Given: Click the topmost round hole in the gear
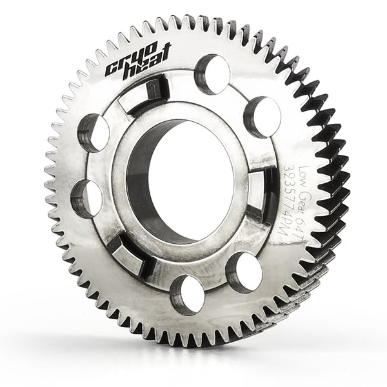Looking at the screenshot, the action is coord(212,75).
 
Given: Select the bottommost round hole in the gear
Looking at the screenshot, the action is coord(188,295).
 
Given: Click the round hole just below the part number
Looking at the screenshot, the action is coord(244,272).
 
